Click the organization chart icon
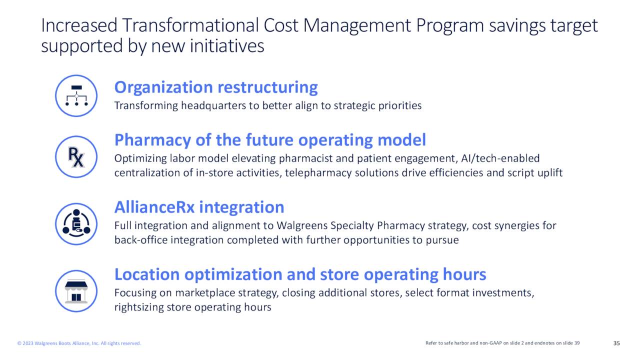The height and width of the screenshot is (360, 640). click(x=76, y=95)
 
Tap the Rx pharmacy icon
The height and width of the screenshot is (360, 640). click(x=76, y=157)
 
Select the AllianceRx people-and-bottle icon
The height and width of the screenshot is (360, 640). click(x=76, y=224)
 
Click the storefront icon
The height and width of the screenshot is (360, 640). click(x=76, y=291)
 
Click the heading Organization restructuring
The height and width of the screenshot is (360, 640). click(x=216, y=87)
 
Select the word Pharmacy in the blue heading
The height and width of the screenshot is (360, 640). click(x=153, y=140)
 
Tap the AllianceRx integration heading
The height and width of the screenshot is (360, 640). click(x=199, y=207)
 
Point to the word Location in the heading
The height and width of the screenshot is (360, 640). click(x=146, y=274)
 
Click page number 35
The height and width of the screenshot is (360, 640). click(x=616, y=343)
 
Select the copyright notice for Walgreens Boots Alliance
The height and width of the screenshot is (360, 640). click(x=79, y=343)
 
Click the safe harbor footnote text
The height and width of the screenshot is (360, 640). click(x=502, y=343)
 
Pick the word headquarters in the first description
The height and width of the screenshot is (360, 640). click(x=213, y=106)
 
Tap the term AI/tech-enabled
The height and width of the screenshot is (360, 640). click(x=500, y=158)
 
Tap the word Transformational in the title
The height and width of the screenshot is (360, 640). click(x=190, y=25)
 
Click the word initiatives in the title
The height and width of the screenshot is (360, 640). click(x=227, y=46)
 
